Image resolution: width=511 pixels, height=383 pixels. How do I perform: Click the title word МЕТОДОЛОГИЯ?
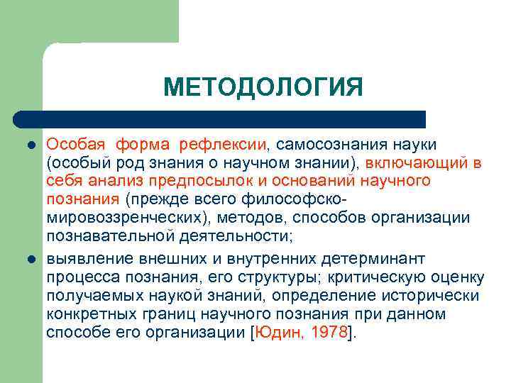[263, 87]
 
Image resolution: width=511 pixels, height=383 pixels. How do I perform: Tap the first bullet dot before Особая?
[31, 145]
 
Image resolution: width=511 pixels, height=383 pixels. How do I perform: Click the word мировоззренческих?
[121, 217]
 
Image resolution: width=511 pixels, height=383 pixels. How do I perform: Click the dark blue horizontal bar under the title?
[220, 119]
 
